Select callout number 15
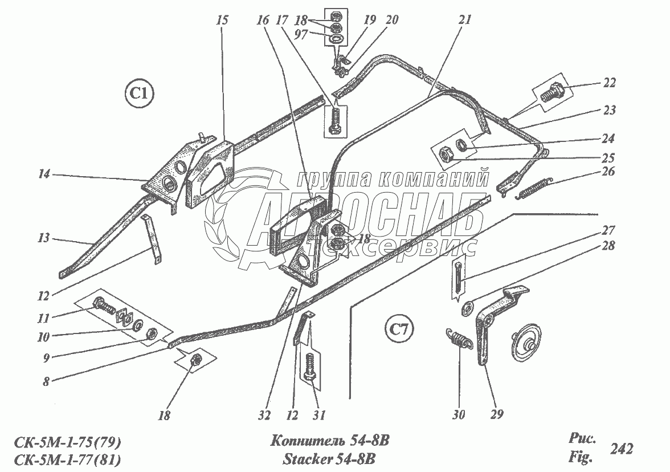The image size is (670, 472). coord(222,21)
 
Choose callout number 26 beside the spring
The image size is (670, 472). coord(608,172)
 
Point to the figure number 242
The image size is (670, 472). coord(621,449)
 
